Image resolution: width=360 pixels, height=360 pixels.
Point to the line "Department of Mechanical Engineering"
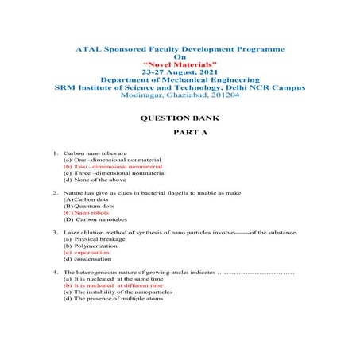(x=179, y=79)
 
